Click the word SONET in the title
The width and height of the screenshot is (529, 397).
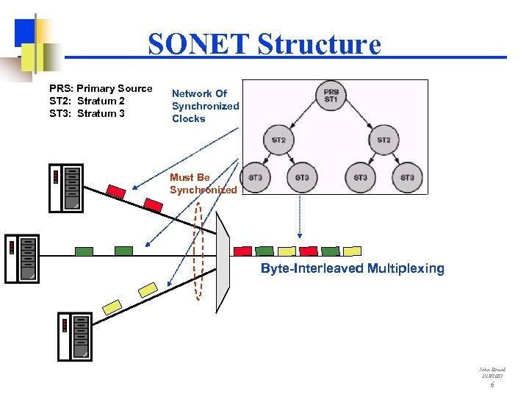click(198, 44)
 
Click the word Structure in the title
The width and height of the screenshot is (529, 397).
click(320, 44)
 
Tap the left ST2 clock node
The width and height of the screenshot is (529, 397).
click(278, 140)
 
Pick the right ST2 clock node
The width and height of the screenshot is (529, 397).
click(384, 140)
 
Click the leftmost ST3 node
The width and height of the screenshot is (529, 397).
click(255, 177)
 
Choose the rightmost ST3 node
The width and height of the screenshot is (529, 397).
click(407, 177)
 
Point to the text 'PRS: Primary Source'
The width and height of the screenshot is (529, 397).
click(101, 88)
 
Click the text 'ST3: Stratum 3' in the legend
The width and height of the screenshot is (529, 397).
click(87, 113)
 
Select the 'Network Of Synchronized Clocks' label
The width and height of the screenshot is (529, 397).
click(205, 106)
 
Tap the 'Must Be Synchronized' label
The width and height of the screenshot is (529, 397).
click(203, 184)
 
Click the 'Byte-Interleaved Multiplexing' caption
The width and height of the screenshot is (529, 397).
click(353, 268)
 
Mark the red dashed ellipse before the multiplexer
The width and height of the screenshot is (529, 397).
click(198, 250)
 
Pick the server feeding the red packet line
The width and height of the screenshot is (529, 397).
click(65, 188)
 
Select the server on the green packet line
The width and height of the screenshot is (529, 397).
click(21, 259)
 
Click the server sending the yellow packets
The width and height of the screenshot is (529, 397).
click(74, 336)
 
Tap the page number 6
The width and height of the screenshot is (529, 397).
click(492, 385)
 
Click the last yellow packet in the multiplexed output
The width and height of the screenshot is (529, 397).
click(353, 251)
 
